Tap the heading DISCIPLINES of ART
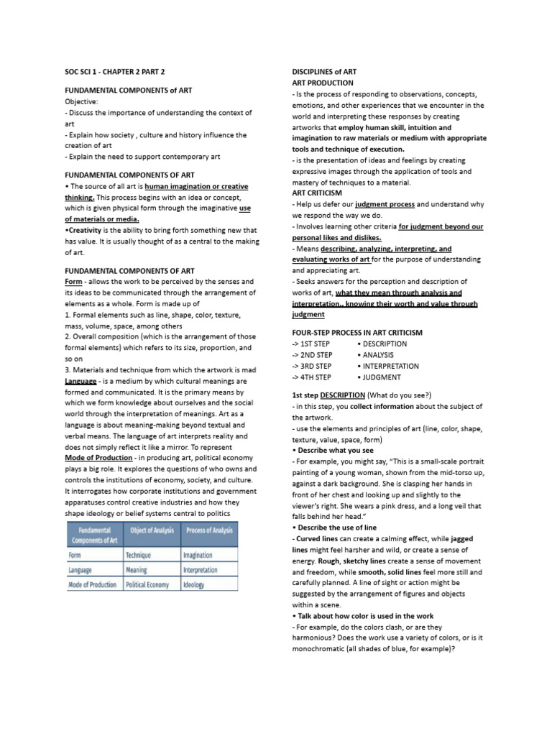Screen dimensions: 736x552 coord(323,73)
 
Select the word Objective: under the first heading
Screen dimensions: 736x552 coord(81,102)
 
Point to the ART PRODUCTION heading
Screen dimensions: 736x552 coord(322,83)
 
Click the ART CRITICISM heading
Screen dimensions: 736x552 coord(317,193)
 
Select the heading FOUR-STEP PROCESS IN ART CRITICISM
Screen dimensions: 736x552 coord(357,333)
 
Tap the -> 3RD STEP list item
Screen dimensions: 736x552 coord(311,366)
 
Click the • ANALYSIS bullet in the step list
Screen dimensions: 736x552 coord(380,355)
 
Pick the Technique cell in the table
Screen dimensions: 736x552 coord(139,555)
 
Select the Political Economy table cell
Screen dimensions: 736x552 coord(147,584)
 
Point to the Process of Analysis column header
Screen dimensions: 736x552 coord(209,530)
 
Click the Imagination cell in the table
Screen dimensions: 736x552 coord(198,555)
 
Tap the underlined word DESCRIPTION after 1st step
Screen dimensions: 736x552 coord(343,395)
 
